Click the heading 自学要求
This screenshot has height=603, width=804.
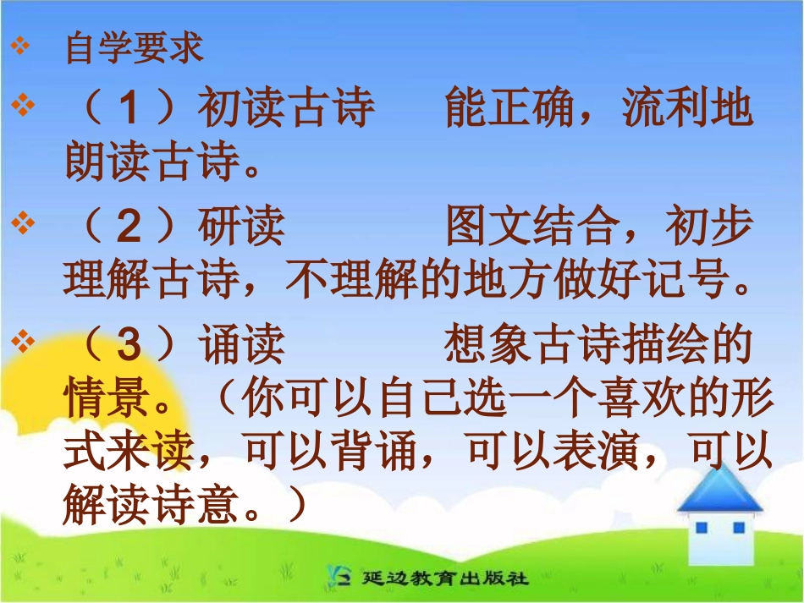coord(135,49)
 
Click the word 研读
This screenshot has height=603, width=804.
coord(241,227)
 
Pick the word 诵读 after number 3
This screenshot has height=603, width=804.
coord(241,346)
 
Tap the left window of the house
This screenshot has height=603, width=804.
coord(702,528)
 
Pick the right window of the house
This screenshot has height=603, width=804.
coord(738,528)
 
